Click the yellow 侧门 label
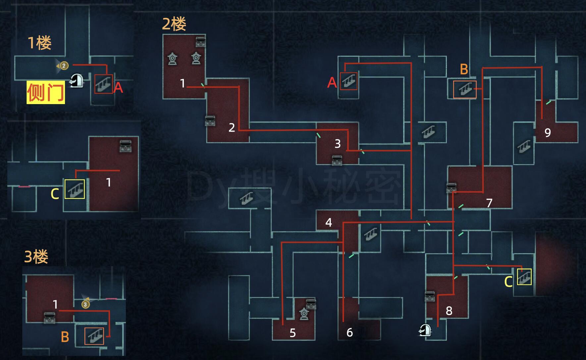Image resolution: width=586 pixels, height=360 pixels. (46, 92)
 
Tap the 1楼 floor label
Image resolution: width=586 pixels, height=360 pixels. (39, 43)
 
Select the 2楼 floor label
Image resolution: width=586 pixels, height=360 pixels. (174, 24)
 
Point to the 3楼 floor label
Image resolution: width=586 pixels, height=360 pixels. (36, 257)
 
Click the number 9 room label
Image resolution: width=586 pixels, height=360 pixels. (548, 133)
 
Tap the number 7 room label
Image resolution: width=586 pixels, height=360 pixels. (489, 203)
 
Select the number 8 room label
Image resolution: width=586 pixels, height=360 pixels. (449, 311)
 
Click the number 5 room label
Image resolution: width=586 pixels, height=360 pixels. (293, 333)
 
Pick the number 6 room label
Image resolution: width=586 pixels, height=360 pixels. (349, 332)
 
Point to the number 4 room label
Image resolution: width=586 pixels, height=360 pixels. (328, 222)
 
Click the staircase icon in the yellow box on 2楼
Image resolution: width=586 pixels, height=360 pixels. (524, 277)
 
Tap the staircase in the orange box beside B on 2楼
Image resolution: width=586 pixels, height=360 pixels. (464, 90)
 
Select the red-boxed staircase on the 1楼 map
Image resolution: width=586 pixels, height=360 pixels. (103, 84)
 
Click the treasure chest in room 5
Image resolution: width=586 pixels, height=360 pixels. (311, 303)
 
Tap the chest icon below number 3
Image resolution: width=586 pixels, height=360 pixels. (337, 160)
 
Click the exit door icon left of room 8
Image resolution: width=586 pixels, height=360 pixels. (425, 330)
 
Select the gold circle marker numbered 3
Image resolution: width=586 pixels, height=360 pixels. (85, 304)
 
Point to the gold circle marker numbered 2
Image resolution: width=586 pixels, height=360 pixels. (64, 66)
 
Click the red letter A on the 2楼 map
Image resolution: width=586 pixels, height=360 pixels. (332, 82)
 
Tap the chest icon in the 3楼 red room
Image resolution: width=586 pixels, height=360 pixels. (50, 317)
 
